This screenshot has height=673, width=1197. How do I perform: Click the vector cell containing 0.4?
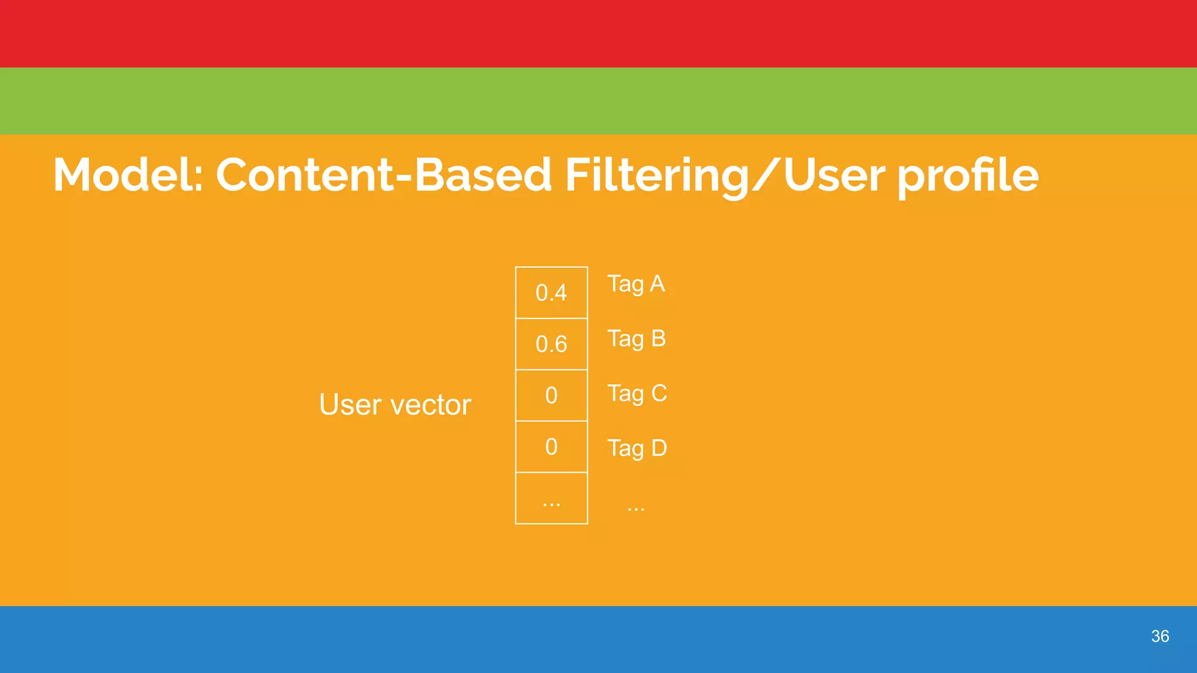[551, 293]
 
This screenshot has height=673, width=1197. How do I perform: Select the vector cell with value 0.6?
[551, 344]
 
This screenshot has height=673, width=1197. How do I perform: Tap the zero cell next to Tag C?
[551, 396]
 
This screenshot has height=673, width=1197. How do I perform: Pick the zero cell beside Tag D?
[551, 447]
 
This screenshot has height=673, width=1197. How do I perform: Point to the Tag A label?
[636, 285]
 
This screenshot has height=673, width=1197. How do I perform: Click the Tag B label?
[636, 339]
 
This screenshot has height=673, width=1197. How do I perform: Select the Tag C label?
[637, 394]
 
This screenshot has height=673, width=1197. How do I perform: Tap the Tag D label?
[637, 449]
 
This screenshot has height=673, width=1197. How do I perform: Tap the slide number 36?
[1160, 636]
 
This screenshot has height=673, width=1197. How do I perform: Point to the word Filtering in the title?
[656, 176]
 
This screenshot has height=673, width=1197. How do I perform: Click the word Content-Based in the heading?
[383, 175]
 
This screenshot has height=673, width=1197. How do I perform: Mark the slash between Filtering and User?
[766, 175]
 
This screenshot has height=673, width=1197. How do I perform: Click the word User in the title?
[835, 175]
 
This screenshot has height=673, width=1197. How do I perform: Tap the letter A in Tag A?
[657, 284]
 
